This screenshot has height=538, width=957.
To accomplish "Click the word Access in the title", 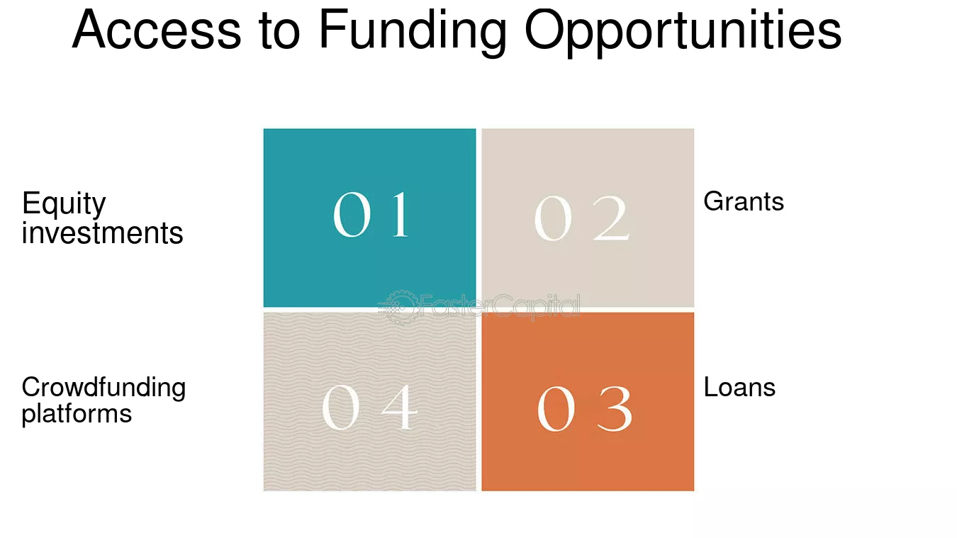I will click(x=157, y=30).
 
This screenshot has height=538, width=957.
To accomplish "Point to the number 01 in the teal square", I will click(x=371, y=214).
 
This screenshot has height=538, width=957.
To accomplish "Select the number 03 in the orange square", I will click(x=585, y=409).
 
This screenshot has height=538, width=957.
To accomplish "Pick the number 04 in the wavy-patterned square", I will click(x=369, y=408).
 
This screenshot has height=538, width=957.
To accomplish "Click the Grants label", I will click(x=744, y=202).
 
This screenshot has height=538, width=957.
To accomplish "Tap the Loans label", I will click(x=739, y=387).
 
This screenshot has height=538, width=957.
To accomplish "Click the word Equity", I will click(x=64, y=205).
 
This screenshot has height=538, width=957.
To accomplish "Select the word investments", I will click(x=103, y=232).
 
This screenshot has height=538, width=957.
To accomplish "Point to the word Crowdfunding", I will click(x=103, y=387).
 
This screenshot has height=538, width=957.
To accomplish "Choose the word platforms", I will click(x=77, y=413).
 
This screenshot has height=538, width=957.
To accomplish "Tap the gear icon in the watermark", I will click(x=398, y=307).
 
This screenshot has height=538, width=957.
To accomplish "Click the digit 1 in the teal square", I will click(x=399, y=214).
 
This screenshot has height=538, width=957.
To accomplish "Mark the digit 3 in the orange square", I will click(x=614, y=409).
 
